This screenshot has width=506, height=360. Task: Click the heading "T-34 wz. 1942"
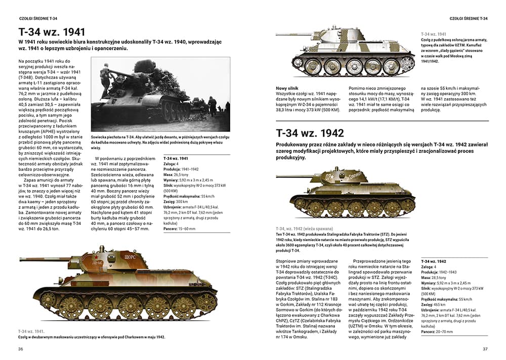click(310, 133)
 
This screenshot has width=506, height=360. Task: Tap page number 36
click(21, 349)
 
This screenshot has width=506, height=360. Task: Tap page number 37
click(485, 349)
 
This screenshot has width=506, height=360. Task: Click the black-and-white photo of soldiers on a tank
click(160, 94)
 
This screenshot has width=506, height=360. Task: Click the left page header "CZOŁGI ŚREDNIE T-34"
click(37, 19)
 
